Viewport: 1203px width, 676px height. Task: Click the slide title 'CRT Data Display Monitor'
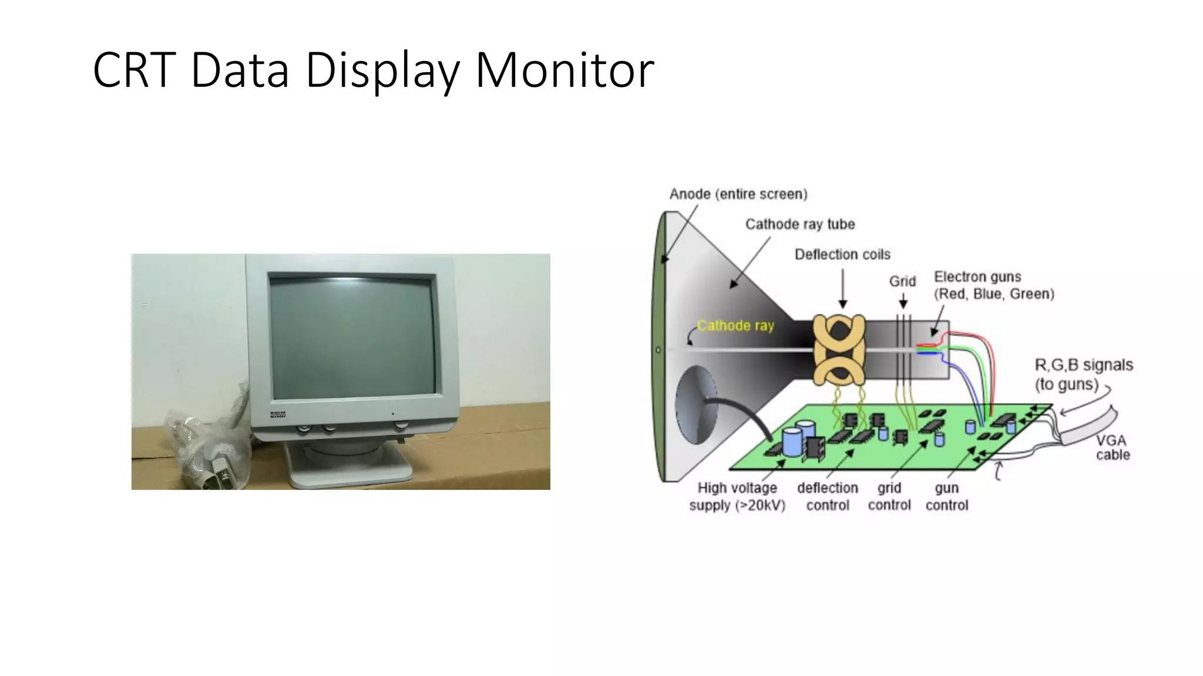pyautogui.click(x=373, y=70)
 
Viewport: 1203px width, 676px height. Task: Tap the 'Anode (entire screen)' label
pyautogui.click(x=738, y=194)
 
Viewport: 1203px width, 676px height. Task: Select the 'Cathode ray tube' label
pyautogui.click(x=799, y=224)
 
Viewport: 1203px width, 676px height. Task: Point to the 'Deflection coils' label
pyautogui.click(x=842, y=254)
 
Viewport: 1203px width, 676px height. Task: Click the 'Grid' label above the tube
pyautogui.click(x=902, y=282)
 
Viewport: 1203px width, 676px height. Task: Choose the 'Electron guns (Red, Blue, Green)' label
pyautogui.click(x=994, y=285)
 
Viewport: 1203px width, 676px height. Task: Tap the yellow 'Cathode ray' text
pyautogui.click(x=735, y=326)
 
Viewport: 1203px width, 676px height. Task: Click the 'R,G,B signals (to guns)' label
pyautogui.click(x=1083, y=374)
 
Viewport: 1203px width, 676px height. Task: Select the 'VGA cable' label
pyautogui.click(x=1112, y=447)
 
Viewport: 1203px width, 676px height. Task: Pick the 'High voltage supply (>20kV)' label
pyautogui.click(x=737, y=496)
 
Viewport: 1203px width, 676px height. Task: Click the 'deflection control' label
pyautogui.click(x=827, y=496)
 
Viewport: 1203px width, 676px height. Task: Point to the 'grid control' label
pyautogui.click(x=889, y=496)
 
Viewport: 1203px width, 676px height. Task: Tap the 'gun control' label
pyautogui.click(x=946, y=496)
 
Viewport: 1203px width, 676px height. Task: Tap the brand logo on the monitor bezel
pyautogui.click(x=277, y=414)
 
